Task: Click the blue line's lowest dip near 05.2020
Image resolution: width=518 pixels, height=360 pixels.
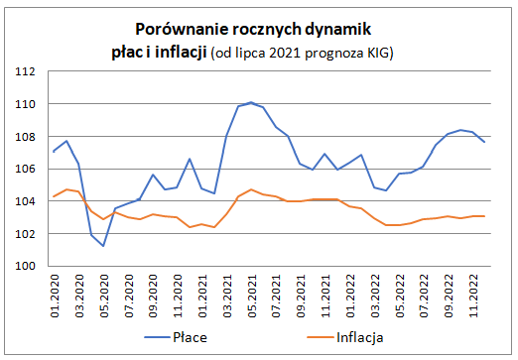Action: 103,246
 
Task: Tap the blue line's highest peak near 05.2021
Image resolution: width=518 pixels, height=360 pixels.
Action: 251,102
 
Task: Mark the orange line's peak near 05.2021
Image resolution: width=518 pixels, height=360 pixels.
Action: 251,189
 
